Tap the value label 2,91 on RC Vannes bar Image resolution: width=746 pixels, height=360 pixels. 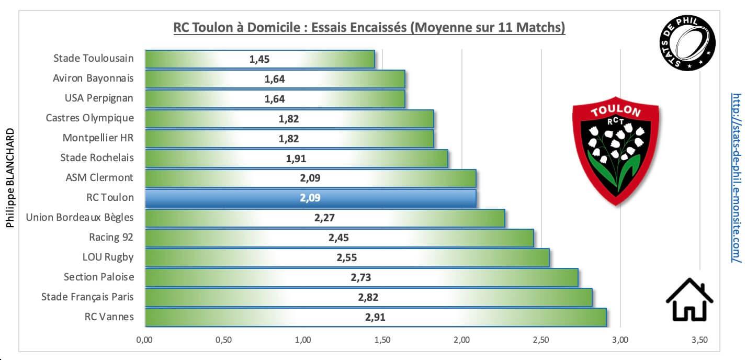click(375, 317)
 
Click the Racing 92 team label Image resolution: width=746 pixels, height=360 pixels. click(111, 237)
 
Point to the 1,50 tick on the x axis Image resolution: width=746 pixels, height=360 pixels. click(382, 340)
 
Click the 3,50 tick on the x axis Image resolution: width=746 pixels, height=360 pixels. click(699, 340)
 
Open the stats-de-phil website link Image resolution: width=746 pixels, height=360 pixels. click(736, 178)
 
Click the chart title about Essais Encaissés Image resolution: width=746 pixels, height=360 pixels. click(369, 27)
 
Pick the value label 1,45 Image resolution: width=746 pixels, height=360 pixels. click(259, 59)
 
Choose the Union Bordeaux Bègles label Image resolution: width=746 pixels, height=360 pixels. click(80, 217)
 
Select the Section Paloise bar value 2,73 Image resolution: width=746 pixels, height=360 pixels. click(360, 277)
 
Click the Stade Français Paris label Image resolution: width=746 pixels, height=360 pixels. click(87, 297)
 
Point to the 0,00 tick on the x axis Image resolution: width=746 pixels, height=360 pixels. click(144, 340)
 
